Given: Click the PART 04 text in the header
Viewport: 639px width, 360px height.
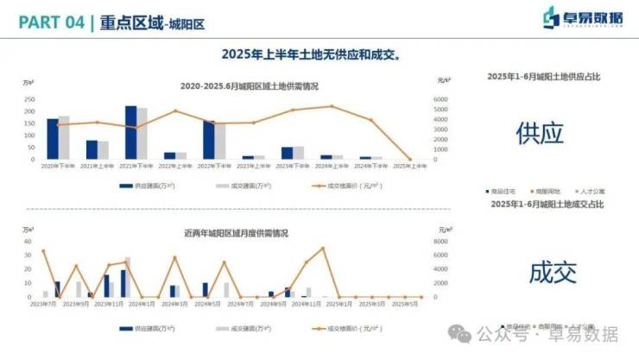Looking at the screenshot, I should coord(47,23).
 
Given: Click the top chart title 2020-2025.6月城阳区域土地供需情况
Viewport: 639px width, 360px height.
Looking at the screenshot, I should coord(250,86).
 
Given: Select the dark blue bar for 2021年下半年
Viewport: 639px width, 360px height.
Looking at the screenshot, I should coord(130,132).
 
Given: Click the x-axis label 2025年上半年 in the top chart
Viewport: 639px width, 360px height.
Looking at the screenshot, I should coord(409,166).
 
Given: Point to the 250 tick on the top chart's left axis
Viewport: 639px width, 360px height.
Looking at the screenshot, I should coord(29,99).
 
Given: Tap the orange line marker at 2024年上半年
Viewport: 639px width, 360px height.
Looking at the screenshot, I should coord(332,107).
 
